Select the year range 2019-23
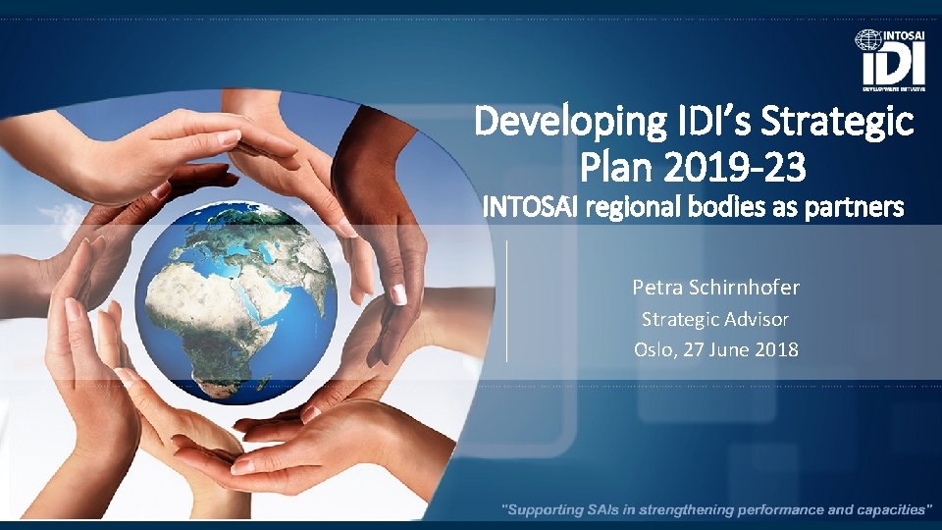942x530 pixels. (x=750, y=168)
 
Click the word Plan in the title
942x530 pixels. (x=629, y=168)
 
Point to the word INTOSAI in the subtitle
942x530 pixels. (x=522, y=208)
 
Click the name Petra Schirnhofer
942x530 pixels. (x=715, y=288)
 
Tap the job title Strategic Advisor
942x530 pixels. (x=715, y=319)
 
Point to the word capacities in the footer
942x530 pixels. (x=886, y=509)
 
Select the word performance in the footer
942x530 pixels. (x=766, y=509)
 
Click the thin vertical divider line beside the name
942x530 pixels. (x=506, y=300)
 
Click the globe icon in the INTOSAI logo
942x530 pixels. (x=867, y=40)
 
